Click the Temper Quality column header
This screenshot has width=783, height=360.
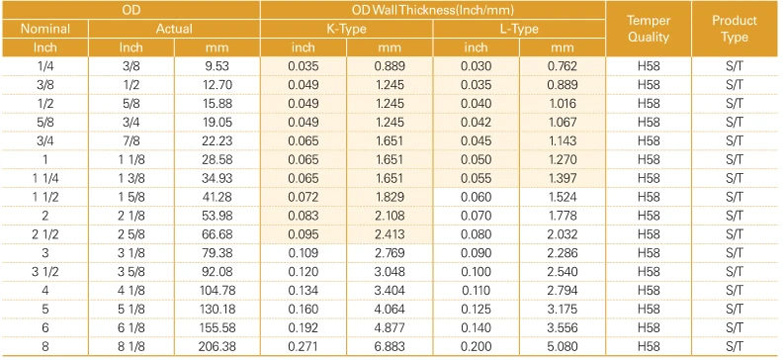[x=649, y=29]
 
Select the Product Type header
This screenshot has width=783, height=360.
[x=734, y=29]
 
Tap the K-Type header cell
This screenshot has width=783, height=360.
[x=346, y=29]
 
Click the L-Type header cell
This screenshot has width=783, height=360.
[x=519, y=29]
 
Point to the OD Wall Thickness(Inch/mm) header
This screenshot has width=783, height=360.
[x=433, y=10]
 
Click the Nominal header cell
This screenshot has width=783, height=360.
[x=44, y=29]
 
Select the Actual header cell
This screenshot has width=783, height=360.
[x=174, y=29]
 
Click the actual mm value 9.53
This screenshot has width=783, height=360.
[x=218, y=66]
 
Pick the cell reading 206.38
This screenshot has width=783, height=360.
[x=217, y=346]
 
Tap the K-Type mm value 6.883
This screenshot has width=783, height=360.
[x=390, y=346]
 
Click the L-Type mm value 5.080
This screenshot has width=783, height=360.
[x=563, y=346]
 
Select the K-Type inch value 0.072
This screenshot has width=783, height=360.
[x=304, y=197]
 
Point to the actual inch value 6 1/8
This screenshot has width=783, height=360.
[x=131, y=328]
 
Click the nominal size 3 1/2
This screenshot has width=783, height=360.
[x=44, y=272]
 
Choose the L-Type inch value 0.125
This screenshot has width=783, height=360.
[x=476, y=310]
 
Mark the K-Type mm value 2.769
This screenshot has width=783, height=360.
[x=390, y=253]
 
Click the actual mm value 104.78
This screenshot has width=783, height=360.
[x=217, y=291]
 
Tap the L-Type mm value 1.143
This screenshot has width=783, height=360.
[x=563, y=141]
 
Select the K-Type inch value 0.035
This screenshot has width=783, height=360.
[x=304, y=66]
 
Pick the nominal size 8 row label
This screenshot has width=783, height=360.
[x=44, y=346]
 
